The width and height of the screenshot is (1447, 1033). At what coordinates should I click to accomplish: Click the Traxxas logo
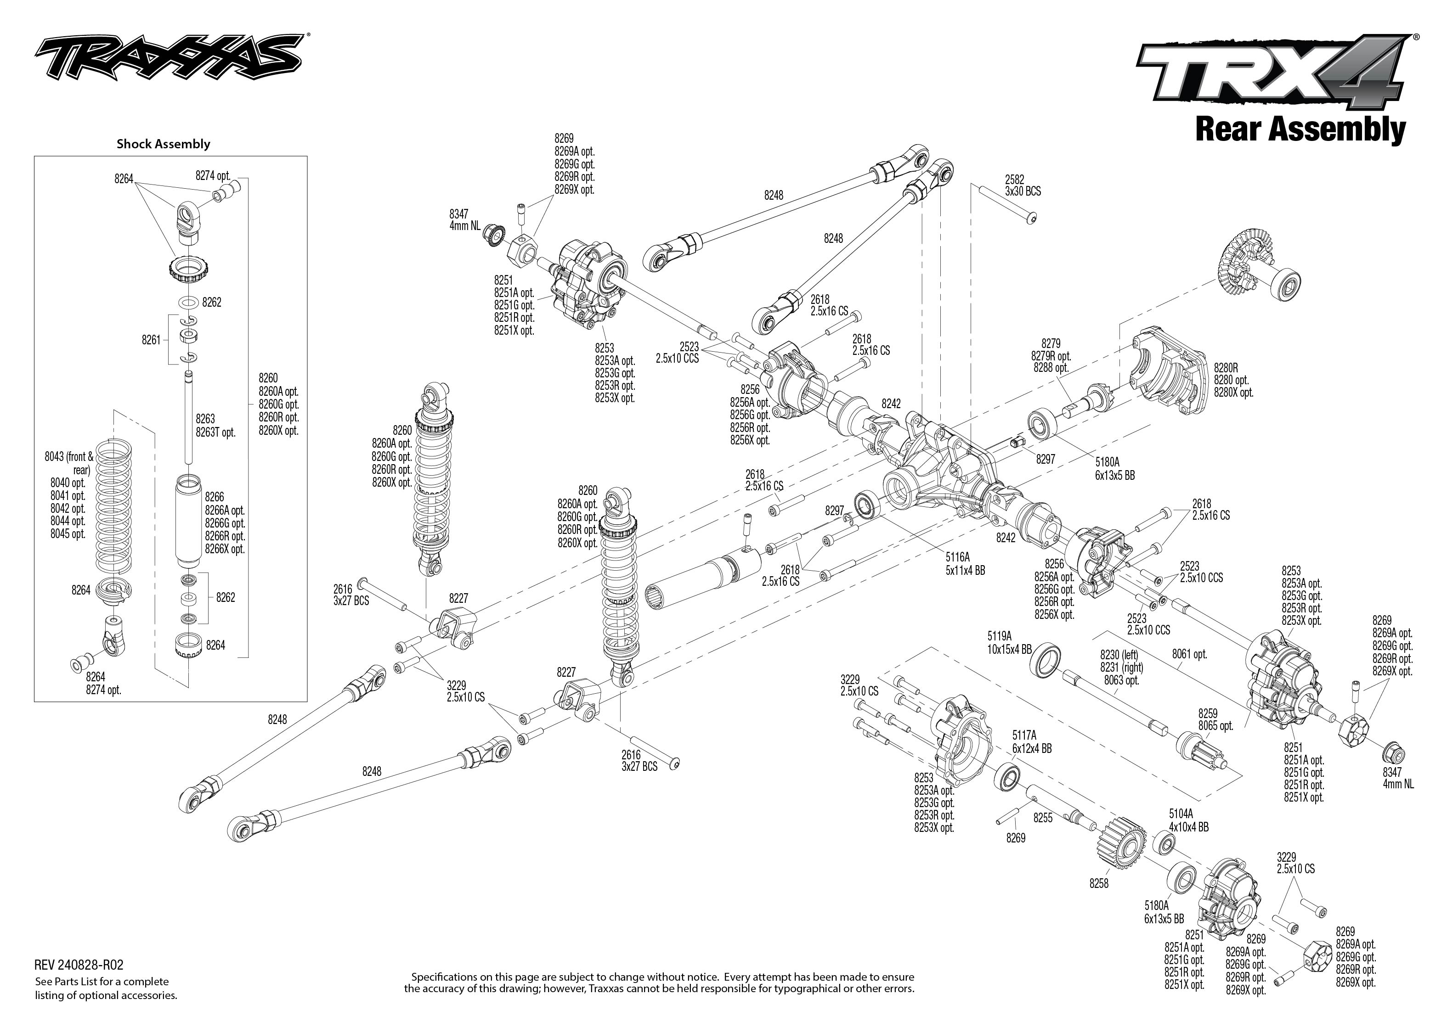[x=168, y=61]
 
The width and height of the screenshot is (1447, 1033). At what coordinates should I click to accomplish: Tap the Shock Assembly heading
[x=163, y=144]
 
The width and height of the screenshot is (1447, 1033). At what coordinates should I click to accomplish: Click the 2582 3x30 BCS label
[x=1023, y=185]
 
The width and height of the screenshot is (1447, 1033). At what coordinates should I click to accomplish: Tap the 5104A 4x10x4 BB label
[x=1188, y=820]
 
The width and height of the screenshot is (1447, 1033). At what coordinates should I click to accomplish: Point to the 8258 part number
[x=1098, y=883]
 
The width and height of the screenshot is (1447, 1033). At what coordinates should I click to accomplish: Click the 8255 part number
[x=1042, y=818]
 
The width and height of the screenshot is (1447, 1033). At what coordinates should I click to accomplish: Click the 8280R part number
[x=1226, y=367]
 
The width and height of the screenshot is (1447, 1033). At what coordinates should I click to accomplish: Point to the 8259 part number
[x=1207, y=713]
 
